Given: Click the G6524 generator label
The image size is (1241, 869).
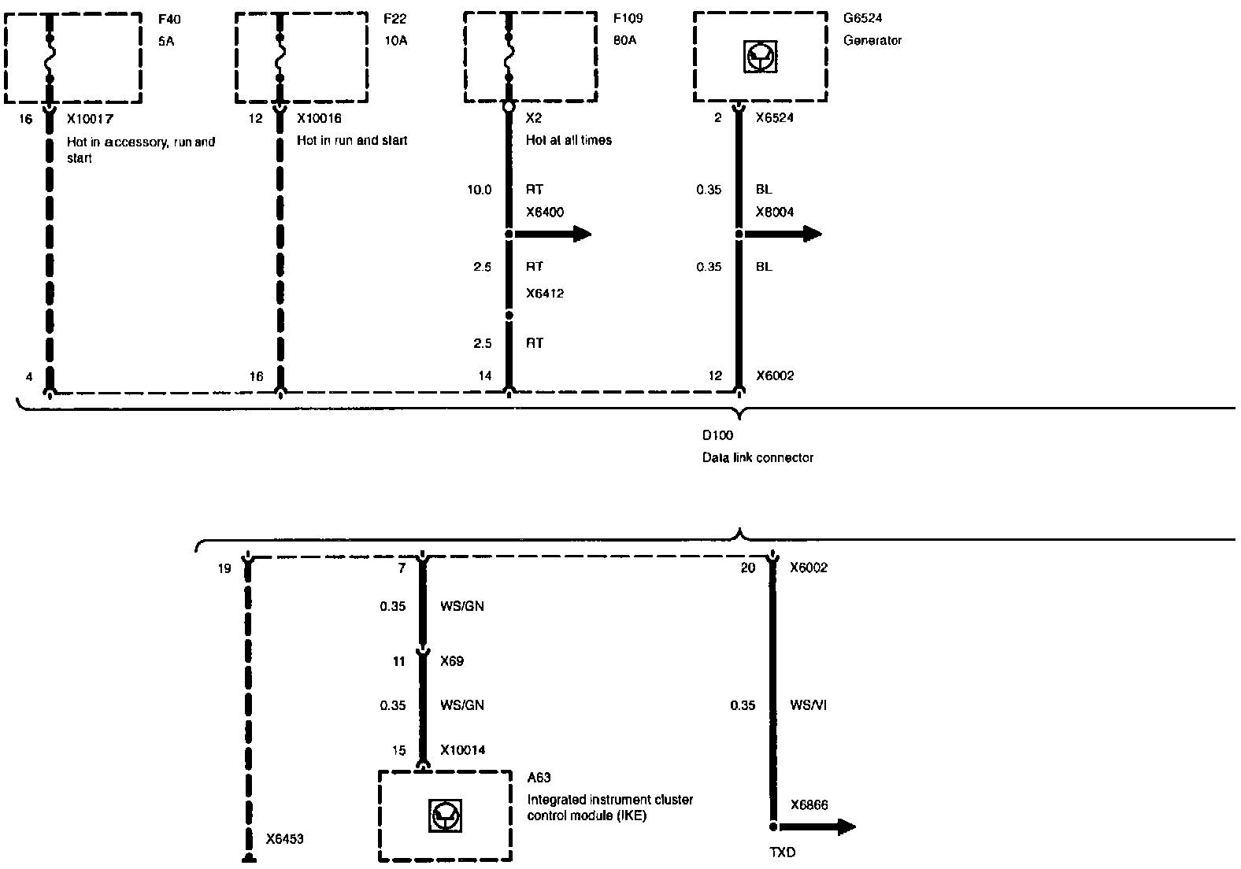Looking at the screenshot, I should [x=863, y=19].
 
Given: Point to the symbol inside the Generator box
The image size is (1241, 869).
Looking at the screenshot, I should [x=760, y=57].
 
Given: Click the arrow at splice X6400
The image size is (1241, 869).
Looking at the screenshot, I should [x=573, y=234].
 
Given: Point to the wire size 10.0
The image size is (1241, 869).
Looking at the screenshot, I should [x=479, y=190].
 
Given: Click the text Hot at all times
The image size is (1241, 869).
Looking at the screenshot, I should [x=569, y=140].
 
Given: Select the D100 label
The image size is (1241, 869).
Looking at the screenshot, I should [x=717, y=435].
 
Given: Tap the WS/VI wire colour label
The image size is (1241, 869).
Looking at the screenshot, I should [x=808, y=705].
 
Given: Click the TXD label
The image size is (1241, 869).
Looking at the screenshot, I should [x=782, y=852].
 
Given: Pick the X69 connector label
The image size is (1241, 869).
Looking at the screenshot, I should [x=452, y=661].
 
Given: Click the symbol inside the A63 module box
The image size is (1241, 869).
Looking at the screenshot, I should [x=445, y=816].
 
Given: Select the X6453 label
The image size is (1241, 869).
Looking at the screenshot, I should [x=284, y=839].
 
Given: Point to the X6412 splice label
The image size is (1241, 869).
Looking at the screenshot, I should [x=545, y=294].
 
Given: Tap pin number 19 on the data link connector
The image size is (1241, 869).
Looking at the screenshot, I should [x=224, y=568].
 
